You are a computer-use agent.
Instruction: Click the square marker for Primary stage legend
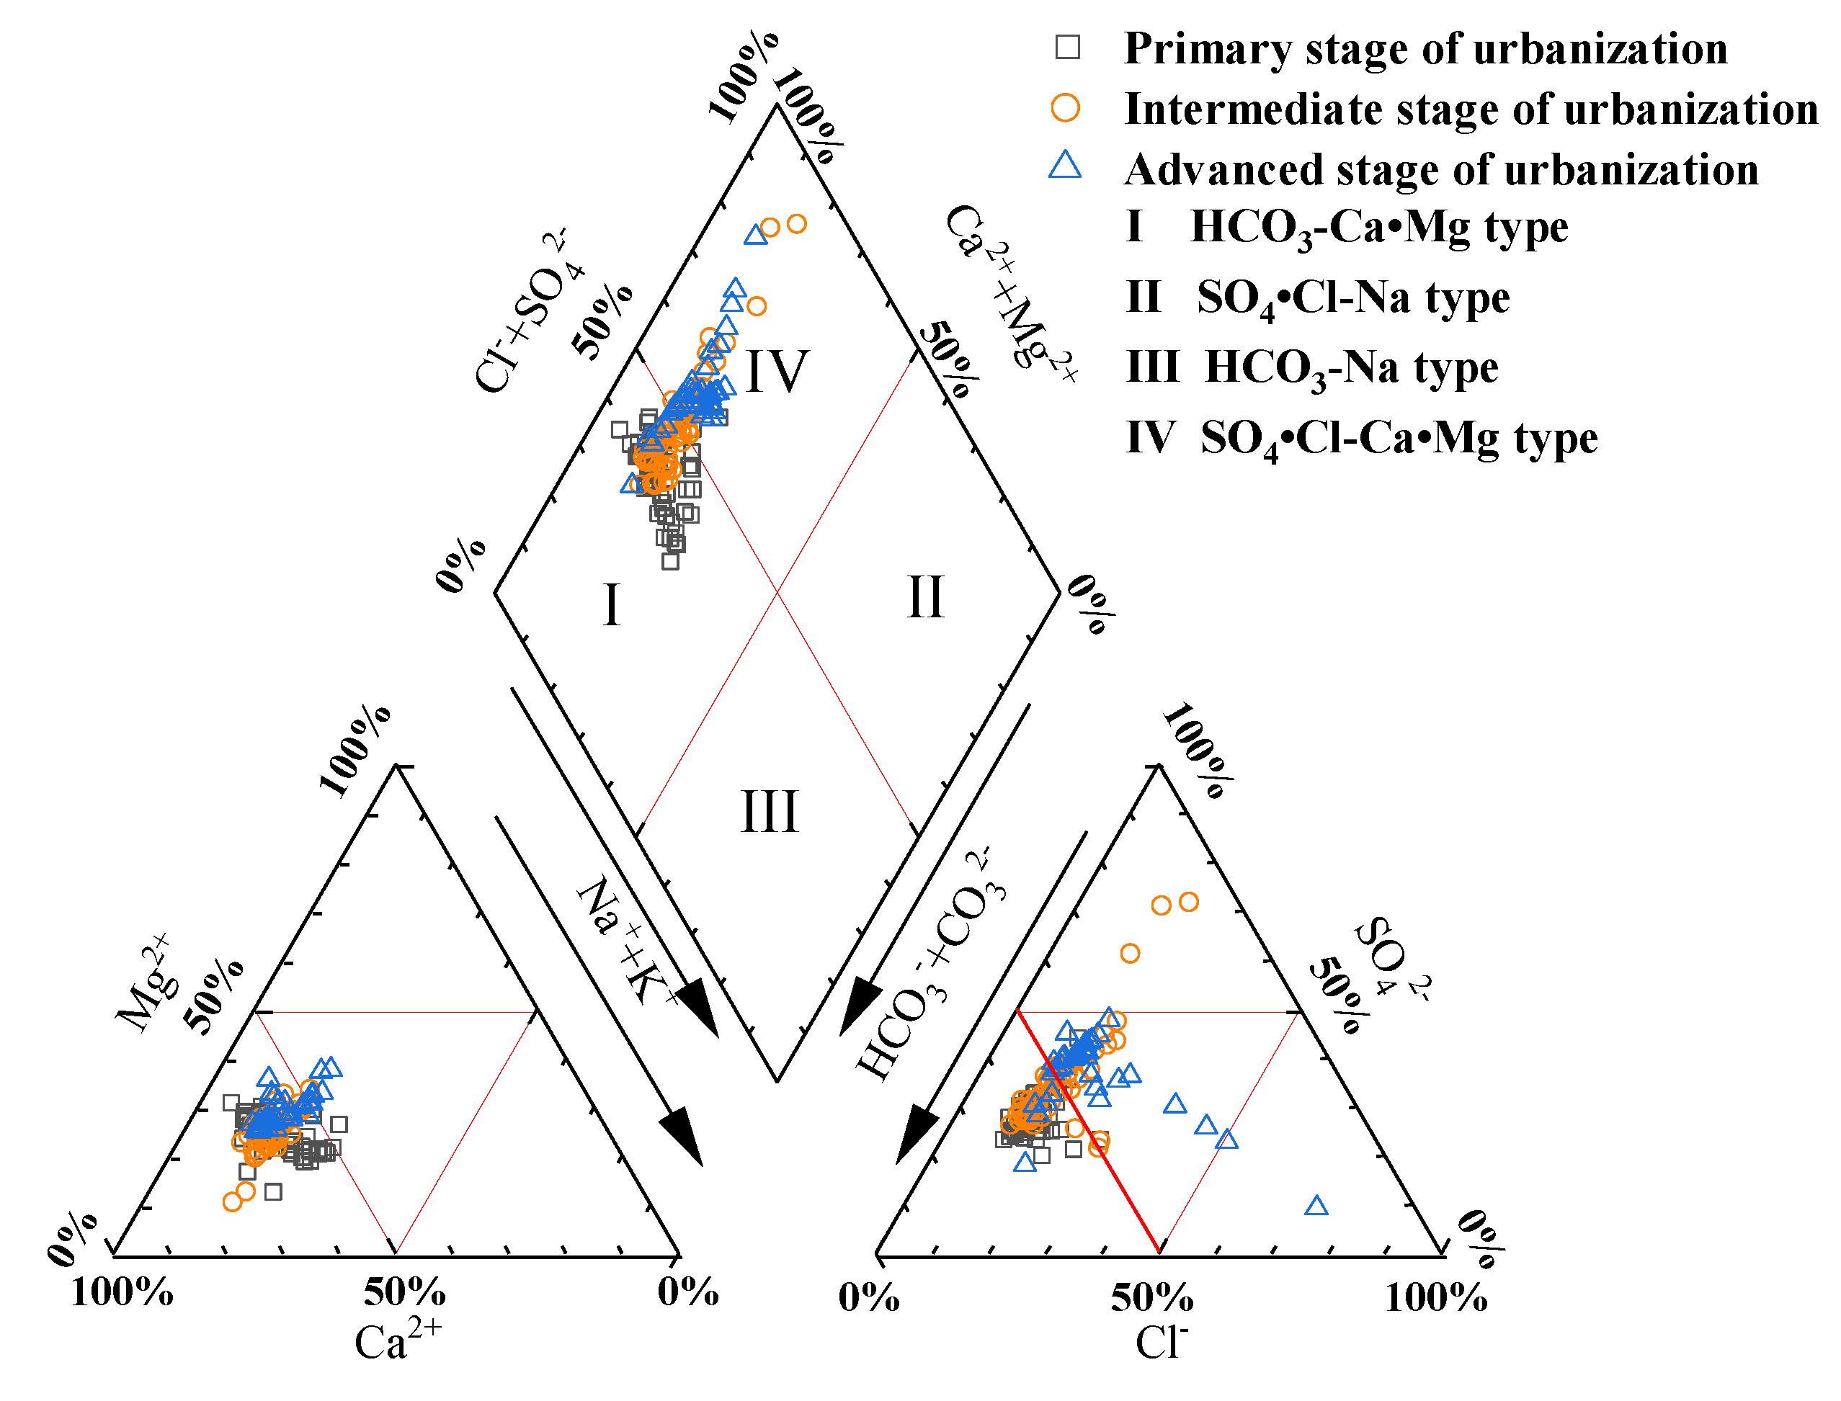tap(1067, 47)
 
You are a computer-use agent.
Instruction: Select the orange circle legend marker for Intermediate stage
tap(1065, 107)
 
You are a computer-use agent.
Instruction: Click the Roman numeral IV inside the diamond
tap(777, 371)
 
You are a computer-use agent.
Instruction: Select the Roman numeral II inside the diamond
tap(925, 597)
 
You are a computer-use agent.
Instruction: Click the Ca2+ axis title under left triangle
tap(397, 1341)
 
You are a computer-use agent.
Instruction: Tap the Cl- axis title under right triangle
tap(1160, 1342)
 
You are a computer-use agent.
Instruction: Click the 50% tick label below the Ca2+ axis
tap(404, 1292)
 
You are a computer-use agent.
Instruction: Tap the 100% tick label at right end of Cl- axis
tap(1435, 1297)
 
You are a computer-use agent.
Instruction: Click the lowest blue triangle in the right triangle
tap(1316, 1206)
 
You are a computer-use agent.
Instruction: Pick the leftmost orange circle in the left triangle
tap(233, 1201)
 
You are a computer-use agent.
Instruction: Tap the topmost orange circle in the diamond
tap(797, 223)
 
